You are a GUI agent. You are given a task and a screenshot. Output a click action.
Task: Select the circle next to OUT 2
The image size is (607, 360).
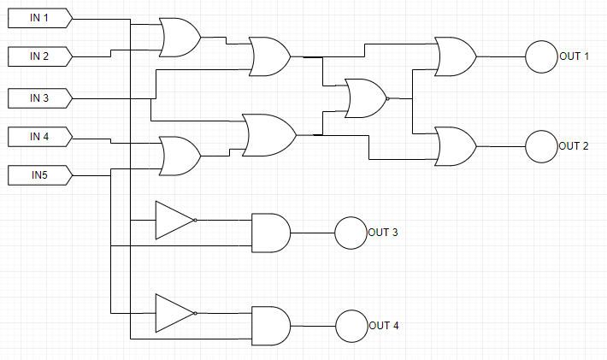540,146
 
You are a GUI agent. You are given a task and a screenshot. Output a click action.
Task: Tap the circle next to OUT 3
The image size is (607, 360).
350,233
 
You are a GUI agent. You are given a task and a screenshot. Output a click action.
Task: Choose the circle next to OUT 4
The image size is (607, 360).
351,325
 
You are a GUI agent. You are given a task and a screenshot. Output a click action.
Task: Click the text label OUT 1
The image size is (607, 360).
575,56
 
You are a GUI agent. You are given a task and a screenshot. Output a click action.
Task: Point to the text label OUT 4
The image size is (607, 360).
383,326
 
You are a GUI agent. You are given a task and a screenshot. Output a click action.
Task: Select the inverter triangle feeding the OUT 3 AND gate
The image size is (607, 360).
174,220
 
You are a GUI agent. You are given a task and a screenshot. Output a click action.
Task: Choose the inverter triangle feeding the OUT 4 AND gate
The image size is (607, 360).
174,313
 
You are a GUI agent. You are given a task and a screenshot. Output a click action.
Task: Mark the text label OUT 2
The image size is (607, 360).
575,146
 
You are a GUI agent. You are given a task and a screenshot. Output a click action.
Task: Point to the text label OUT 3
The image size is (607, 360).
383,233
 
